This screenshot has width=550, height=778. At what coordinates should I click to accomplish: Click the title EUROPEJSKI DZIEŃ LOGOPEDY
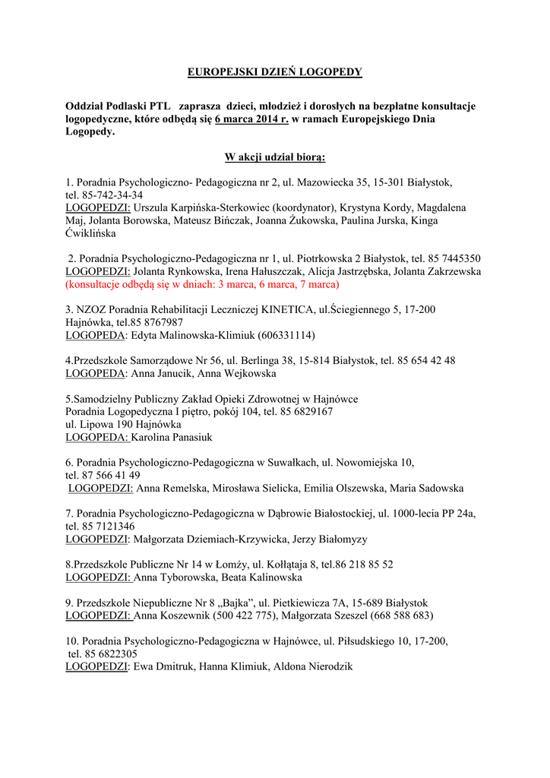pyautogui.click(x=275, y=72)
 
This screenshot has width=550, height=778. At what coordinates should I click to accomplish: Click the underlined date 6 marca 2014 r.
pyautogui.click(x=251, y=119)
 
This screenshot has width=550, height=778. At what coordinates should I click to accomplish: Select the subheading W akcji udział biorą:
pyautogui.click(x=275, y=157)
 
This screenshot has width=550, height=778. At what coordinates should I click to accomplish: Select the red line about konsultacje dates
pyautogui.click(x=202, y=284)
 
